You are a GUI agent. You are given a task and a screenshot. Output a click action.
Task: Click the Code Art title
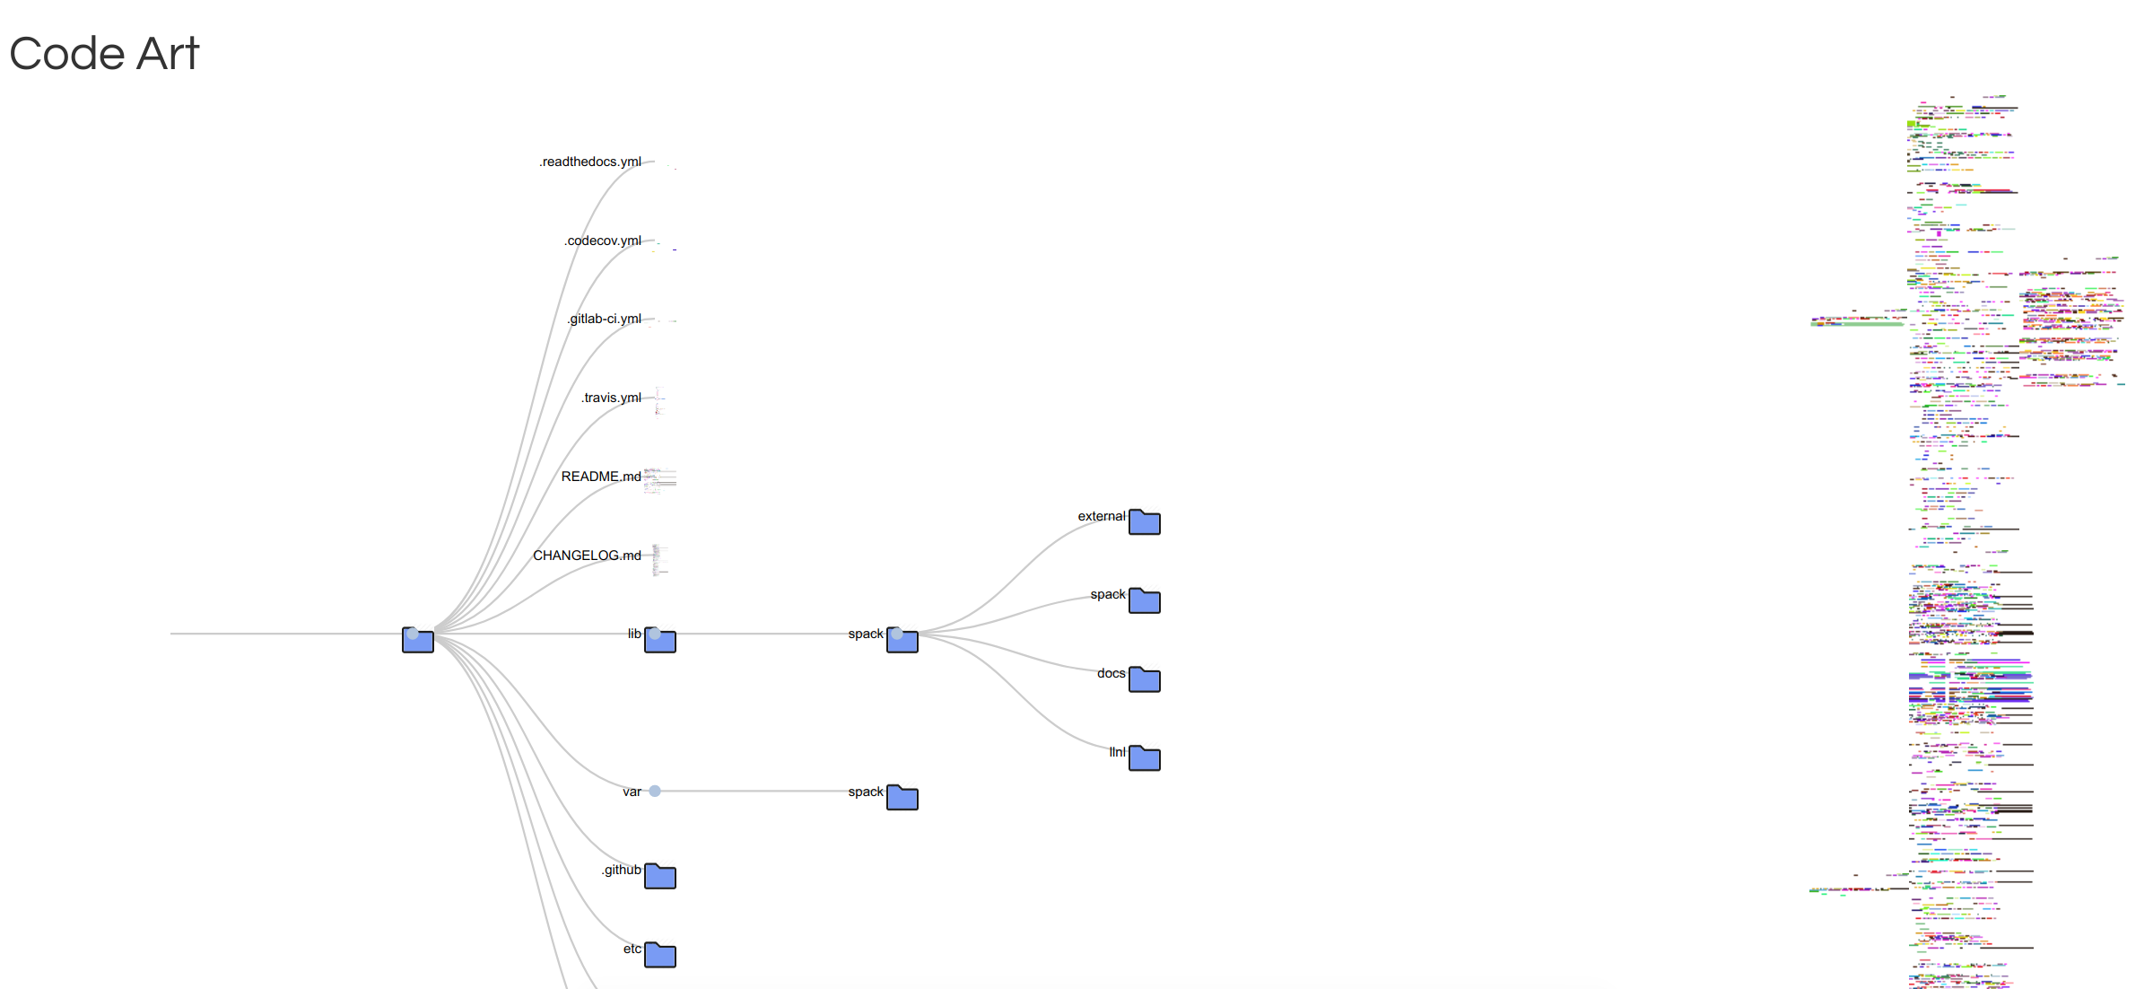point(104,54)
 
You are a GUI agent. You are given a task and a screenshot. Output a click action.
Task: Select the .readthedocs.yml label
point(590,162)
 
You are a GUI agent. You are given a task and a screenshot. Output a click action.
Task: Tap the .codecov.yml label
point(603,241)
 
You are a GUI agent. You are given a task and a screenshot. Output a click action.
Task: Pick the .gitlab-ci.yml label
point(605,319)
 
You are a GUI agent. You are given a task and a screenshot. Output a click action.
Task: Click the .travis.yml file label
point(611,398)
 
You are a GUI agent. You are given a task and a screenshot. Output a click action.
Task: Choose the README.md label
point(601,477)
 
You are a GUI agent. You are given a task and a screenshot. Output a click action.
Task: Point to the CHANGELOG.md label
point(587,556)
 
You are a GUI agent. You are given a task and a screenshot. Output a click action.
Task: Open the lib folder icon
point(660,641)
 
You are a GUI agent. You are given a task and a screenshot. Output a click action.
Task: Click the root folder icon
point(418,641)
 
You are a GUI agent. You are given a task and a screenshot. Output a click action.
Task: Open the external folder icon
point(1145,522)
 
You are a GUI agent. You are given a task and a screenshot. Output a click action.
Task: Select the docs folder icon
point(1145,680)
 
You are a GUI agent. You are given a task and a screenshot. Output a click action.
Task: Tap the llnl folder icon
point(1145,759)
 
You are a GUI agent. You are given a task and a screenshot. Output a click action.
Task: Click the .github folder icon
point(660,877)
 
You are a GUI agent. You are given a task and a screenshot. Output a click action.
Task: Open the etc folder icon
point(660,956)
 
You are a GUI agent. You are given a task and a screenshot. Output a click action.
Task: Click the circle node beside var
point(655,792)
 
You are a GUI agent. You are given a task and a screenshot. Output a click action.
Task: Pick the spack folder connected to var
point(902,798)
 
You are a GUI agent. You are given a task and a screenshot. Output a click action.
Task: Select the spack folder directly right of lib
point(902,641)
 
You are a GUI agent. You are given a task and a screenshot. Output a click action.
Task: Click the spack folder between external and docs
point(1145,601)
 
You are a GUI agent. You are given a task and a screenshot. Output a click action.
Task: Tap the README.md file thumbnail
point(659,480)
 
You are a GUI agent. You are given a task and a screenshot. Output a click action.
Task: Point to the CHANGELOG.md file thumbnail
point(659,559)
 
